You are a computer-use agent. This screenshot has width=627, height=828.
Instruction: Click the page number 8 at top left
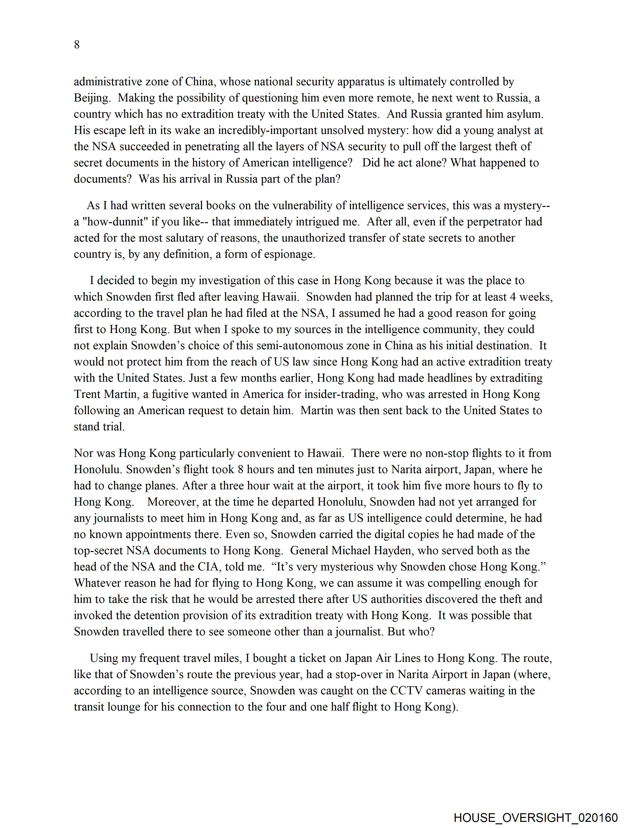point(77,44)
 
